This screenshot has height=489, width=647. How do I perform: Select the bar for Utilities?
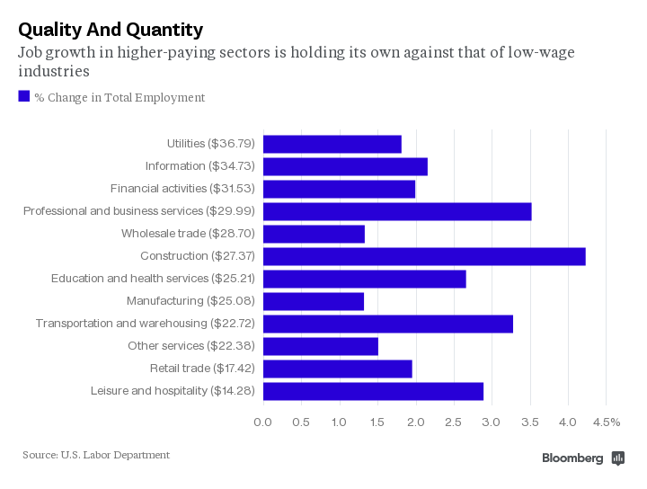(332, 144)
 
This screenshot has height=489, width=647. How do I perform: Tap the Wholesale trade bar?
(314, 234)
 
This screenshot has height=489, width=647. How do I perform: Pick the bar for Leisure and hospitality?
(373, 391)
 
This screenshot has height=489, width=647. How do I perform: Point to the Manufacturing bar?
(314, 301)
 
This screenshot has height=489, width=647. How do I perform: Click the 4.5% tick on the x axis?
(606, 422)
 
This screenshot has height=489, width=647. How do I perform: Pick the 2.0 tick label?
(415, 422)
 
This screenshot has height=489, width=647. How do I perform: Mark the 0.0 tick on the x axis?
(263, 422)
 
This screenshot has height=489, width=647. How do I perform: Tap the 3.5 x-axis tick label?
(530, 422)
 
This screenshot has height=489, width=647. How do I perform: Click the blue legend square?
(24, 96)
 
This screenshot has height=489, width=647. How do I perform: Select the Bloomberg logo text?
(573, 458)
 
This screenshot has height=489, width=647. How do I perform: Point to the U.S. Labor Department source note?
(96, 455)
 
